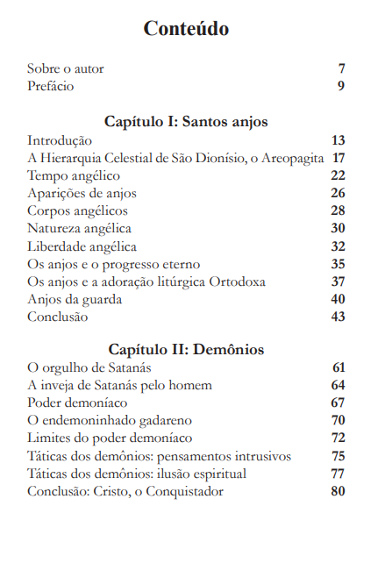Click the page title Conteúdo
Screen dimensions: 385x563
point(186,29)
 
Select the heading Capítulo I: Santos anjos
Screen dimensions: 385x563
point(186,121)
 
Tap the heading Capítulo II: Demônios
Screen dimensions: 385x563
point(186,349)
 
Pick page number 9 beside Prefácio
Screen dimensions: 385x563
point(341,86)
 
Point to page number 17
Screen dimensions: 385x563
point(339,158)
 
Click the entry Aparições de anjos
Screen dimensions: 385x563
point(82,193)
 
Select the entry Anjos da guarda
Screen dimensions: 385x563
point(74,299)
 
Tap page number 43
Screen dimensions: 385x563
point(339,317)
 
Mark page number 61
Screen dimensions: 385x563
point(339,367)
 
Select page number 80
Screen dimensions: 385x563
point(339,491)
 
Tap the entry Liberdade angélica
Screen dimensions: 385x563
point(82,246)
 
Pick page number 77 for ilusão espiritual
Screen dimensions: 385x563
point(339,474)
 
